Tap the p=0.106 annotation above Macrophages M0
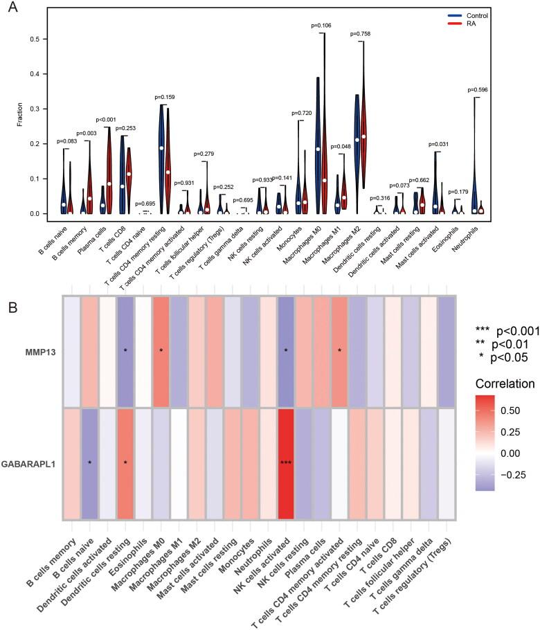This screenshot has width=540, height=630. click(x=322, y=26)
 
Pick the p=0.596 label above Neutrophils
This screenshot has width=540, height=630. click(x=478, y=90)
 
